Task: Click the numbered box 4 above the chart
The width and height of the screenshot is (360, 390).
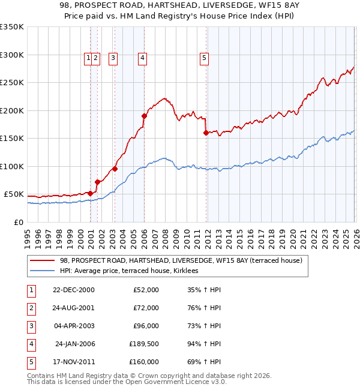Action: click(x=142, y=58)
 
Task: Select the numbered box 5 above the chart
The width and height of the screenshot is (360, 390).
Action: click(x=204, y=58)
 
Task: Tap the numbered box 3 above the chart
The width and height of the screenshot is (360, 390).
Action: click(x=113, y=58)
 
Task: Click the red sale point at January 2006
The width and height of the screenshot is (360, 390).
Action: click(x=144, y=116)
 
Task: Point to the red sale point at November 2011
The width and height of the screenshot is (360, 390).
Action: click(x=206, y=133)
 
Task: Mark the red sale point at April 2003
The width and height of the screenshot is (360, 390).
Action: click(x=115, y=169)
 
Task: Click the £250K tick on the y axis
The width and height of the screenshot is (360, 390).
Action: click(x=12, y=83)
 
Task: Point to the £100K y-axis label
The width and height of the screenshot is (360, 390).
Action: click(x=12, y=166)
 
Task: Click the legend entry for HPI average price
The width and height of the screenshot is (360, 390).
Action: click(x=133, y=271)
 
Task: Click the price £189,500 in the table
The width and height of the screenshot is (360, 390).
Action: click(x=144, y=344)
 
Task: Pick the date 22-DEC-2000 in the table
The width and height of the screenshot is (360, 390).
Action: click(x=74, y=290)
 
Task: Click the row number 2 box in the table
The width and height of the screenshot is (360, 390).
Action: click(x=31, y=308)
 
